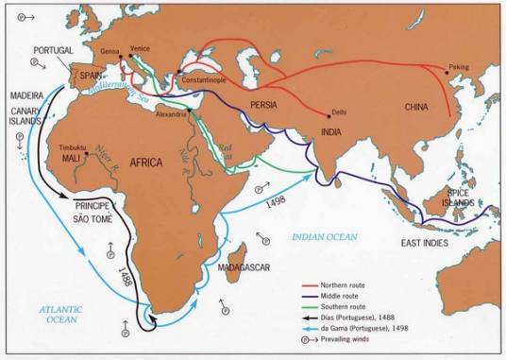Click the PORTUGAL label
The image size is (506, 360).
(x=52, y=50)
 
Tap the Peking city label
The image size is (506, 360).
(x=458, y=67)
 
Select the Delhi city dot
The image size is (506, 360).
(x=328, y=115)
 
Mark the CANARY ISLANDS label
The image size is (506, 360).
(x=28, y=113)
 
